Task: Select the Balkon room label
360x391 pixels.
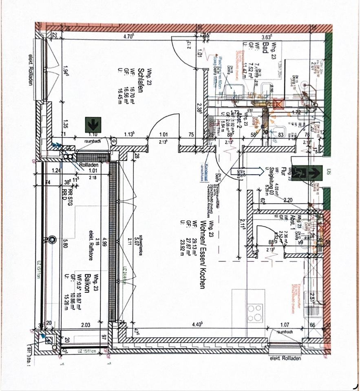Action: point(87,281)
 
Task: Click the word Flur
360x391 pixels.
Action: point(282,171)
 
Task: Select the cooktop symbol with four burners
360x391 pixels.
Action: point(255,313)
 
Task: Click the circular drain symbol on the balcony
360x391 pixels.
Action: point(51,240)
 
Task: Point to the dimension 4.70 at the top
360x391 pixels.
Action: point(129,37)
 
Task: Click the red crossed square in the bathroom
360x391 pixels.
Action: point(278,103)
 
